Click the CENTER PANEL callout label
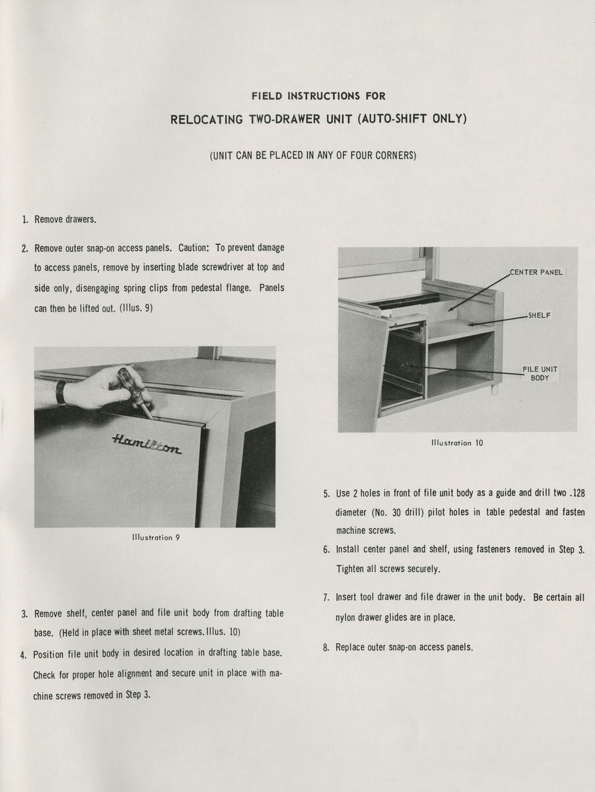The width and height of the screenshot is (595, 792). click(x=536, y=272)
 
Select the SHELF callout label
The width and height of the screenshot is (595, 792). click(x=540, y=316)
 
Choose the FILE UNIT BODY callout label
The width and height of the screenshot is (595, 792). click(x=539, y=374)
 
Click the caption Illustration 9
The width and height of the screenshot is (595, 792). click(x=155, y=538)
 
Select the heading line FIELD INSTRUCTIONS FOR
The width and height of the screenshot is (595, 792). click(x=318, y=96)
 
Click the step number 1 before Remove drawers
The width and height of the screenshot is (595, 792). click(x=25, y=219)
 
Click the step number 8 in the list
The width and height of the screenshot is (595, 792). click(x=325, y=648)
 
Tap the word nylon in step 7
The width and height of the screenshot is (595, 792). click(x=346, y=618)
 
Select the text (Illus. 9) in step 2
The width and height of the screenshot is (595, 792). click(x=136, y=308)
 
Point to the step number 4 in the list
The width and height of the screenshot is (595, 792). click(x=23, y=655)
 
